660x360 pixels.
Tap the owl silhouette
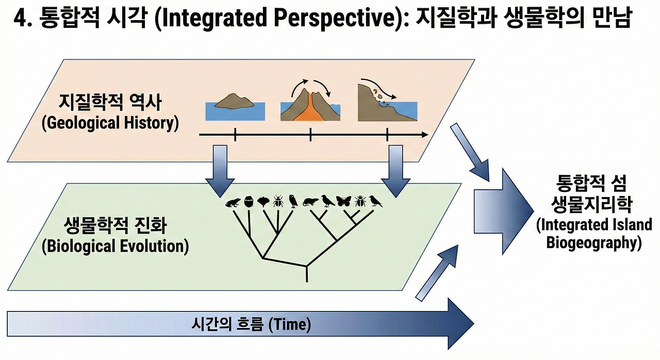pos(294,201)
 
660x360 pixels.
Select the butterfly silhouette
pos(344,201)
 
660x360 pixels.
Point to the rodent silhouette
pos(311,202)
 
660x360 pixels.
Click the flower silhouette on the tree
pos(263,202)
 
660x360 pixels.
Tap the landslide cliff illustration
pos(387,100)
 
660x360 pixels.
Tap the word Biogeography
pos(594,243)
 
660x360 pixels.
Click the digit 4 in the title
pos(21,19)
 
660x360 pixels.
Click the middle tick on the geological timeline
pos(310,135)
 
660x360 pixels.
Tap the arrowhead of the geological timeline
pos(424,135)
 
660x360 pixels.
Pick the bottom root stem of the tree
pos(307,274)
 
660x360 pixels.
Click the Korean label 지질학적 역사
pos(110,103)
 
